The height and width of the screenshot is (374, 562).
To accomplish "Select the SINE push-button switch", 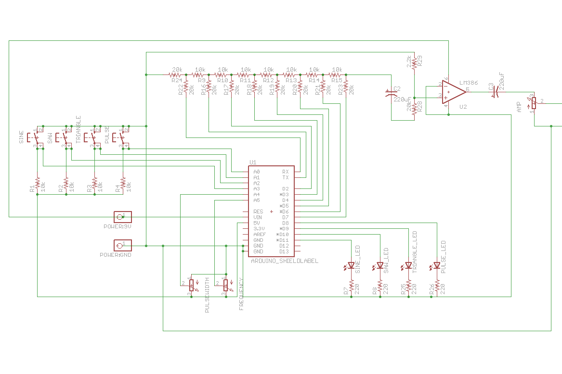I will click(37, 137).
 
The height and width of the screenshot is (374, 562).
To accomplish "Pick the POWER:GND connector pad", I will click(122, 246).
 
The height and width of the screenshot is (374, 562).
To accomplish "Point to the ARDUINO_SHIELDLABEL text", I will click(285, 261).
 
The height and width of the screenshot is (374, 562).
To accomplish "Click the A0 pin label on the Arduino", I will click(257, 172).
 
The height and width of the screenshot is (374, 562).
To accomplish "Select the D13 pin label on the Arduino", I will click(284, 251).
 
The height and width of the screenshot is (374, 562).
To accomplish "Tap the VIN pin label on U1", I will click(258, 217).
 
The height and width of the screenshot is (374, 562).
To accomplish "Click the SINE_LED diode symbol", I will click(351, 265).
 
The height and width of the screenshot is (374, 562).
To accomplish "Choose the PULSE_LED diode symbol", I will click(437, 265).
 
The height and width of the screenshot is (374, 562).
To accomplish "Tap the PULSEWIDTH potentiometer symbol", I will click(191, 285).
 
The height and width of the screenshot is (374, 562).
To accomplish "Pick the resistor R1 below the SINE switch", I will click(37, 183).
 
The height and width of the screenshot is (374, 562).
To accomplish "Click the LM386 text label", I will click(468, 83).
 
